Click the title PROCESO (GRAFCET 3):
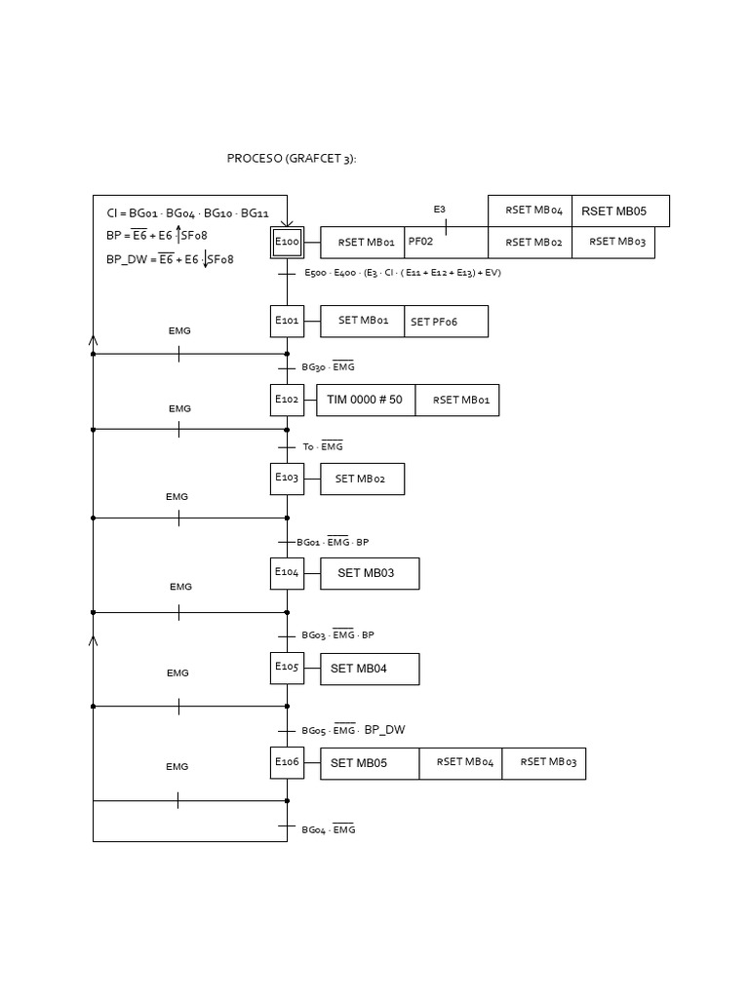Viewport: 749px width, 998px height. (x=292, y=158)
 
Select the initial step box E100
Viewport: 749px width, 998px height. (x=287, y=242)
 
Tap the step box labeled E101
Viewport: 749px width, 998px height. (x=287, y=321)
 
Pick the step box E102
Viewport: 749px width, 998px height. (x=287, y=400)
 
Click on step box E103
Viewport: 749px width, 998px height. (x=287, y=479)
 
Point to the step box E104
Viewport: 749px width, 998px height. (x=287, y=573)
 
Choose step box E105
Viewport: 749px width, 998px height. (x=287, y=668)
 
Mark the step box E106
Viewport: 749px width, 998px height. (x=287, y=762)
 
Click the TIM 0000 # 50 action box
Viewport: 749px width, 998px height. (x=366, y=400)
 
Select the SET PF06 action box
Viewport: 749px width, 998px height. (x=446, y=322)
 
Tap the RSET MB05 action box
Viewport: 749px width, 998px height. (x=619, y=211)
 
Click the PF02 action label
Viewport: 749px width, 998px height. (x=421, y=242)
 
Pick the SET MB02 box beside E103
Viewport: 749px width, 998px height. (x=362, y=479)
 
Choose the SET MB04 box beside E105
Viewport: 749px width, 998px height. (x=370, y=669)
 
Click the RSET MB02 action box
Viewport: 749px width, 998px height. (x=530, y=242)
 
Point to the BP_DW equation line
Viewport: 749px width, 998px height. (x=170, y=259)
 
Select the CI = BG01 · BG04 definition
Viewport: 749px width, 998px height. (x=187, y=213)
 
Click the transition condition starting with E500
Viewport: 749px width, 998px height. (x=402, y=273)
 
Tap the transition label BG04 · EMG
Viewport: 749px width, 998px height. (x=329, y=829)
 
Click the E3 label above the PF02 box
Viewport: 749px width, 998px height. (x=440, y=210)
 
